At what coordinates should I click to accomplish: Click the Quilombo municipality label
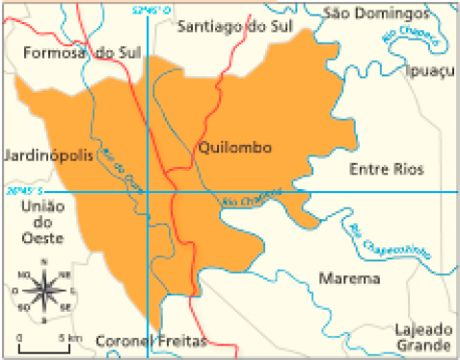pos(233,148)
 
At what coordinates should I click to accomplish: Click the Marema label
pos(348,279)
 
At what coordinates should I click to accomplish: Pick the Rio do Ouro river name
pos(121,173)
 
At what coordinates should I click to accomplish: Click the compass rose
pos(44,288)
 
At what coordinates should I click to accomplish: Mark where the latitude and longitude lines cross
pos(147,191)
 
